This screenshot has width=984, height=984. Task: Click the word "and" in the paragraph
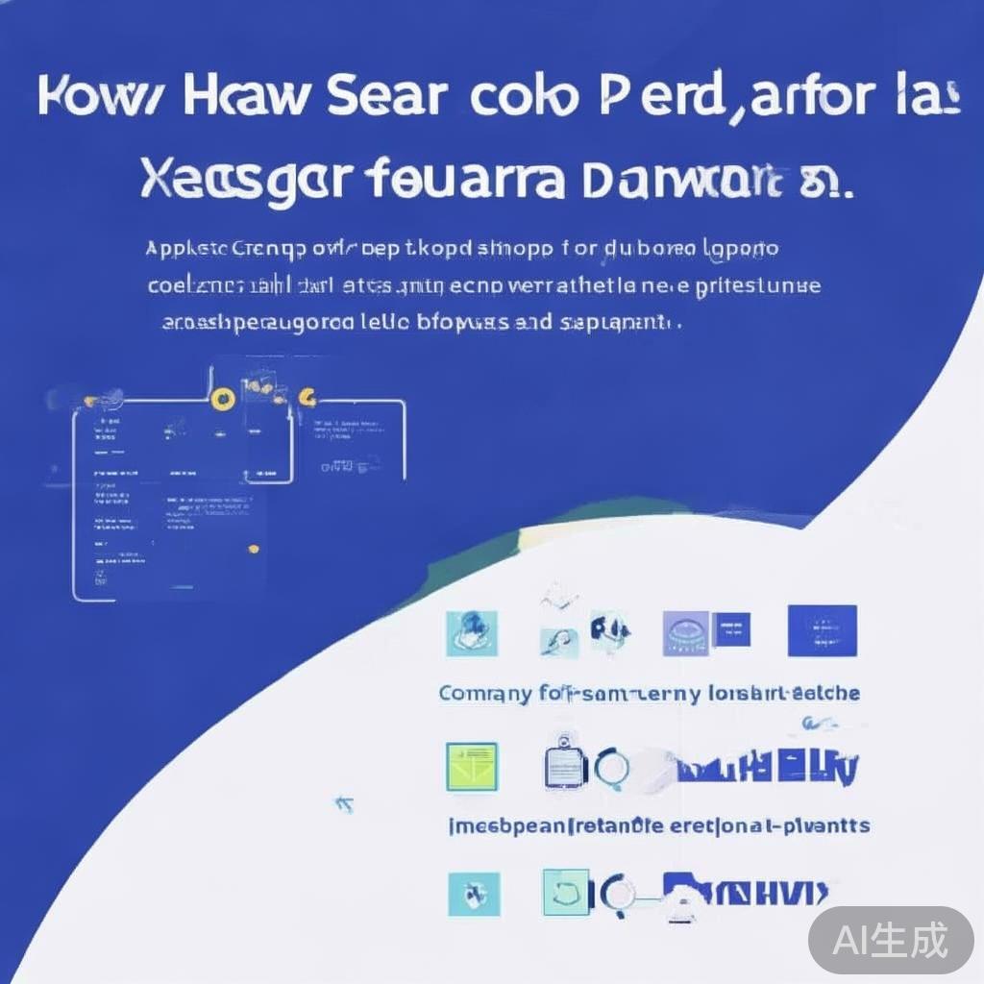coord(532,323)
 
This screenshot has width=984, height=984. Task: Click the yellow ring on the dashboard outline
coord(223,399)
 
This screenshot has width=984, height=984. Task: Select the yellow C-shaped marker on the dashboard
coord(307,396)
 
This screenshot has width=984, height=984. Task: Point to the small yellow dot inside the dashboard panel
coord(253,550)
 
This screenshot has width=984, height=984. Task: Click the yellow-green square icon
coord(472,767)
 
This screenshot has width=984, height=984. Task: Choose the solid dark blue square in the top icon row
coord(822,630)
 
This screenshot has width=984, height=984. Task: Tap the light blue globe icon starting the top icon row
coord(472,633)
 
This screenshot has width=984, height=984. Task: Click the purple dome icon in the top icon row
coord(685,633)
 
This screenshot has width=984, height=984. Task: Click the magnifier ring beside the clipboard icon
coord(611,767)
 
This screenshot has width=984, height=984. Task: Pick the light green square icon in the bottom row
coord(566,893)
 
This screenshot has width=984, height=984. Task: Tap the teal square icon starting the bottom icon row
coord(474,893)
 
